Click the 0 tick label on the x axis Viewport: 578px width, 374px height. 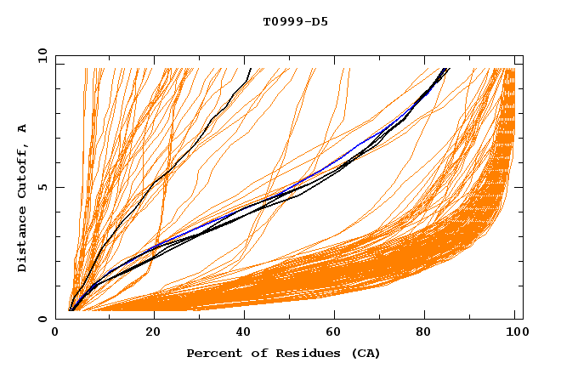tap(56, 333)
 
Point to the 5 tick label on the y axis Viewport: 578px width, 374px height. tap(42, 188)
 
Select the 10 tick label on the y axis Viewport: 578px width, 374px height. tap(39, 56)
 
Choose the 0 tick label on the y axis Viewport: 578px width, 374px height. tap(42, 320)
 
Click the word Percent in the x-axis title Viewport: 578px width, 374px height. tap(212, 353)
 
